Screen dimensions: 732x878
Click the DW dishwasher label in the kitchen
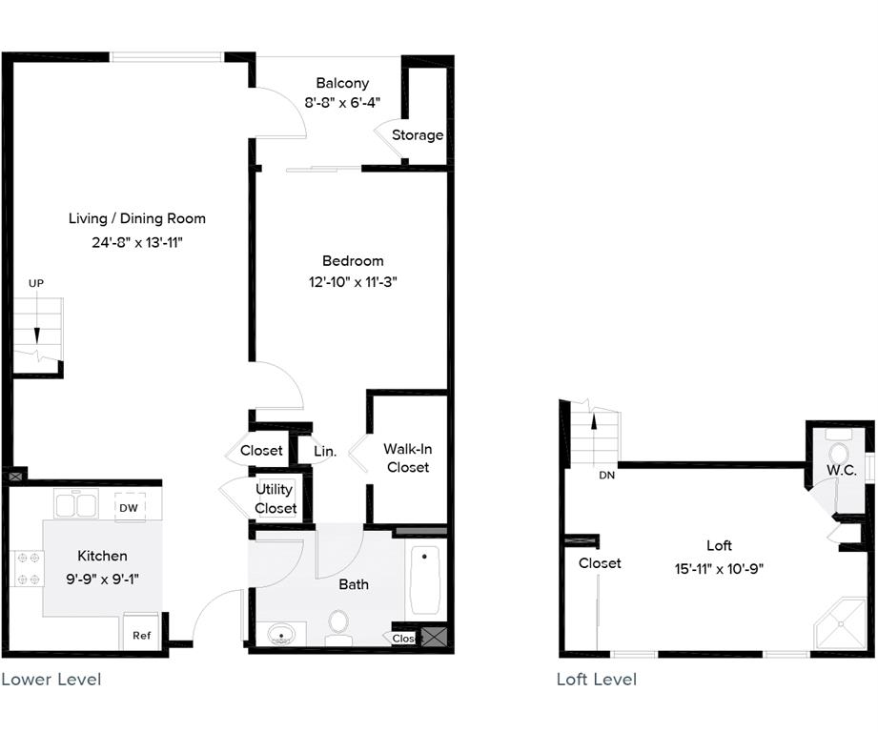coord(129,508)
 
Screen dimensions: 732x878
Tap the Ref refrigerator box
coord(141,635)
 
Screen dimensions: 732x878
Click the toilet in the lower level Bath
coord(338,626)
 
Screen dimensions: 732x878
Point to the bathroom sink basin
coord(281,634)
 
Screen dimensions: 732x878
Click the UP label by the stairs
coord(36,283)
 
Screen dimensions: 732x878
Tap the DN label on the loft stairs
coord(606,475)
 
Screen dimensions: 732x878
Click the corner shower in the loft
coord(839,625)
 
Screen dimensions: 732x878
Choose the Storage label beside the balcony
coord(418,135)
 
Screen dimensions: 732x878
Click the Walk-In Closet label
coord(407,457)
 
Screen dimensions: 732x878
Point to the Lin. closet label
coord(325,452)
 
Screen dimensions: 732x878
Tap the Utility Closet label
coord(276,498)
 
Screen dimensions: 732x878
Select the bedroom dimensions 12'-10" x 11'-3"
coord(353,282)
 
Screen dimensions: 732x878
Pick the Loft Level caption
coord(597,680)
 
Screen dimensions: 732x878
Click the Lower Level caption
coord(51,680)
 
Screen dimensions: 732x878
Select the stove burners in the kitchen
coord(28,569)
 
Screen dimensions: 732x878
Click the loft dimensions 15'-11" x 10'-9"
coord(720,569)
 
